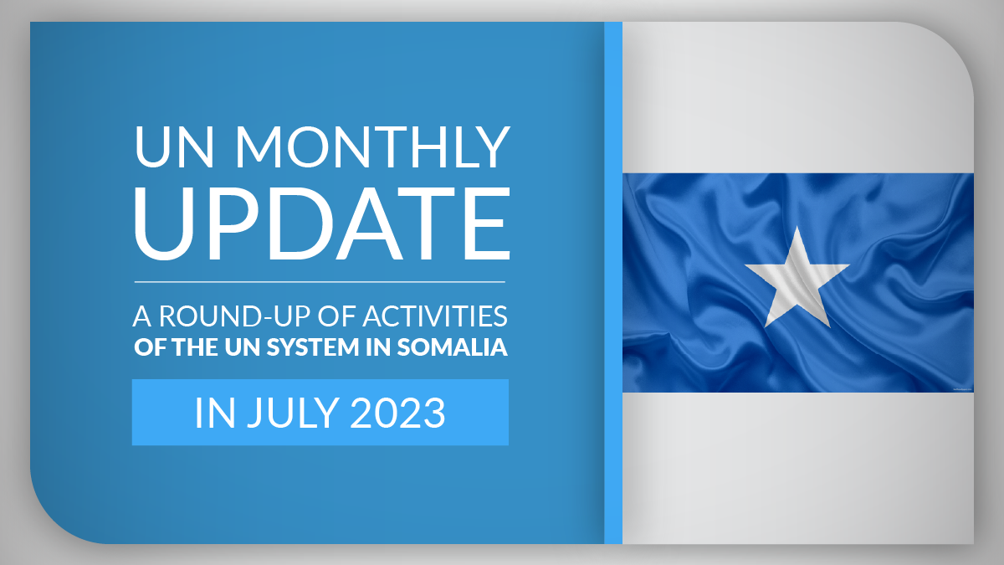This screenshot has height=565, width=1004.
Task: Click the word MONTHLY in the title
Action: [373, 147]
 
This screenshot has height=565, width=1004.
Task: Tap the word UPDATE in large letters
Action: [322, 223]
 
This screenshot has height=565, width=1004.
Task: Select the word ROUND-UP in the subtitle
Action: [235, 316]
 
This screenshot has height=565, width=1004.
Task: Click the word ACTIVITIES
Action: [435, 316]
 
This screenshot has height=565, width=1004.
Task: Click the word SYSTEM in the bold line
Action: [313, 347]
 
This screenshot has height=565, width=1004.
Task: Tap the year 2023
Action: [397, 413]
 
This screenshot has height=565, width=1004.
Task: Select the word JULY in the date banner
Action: [293, 413]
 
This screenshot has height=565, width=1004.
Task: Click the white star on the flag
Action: [797, 280]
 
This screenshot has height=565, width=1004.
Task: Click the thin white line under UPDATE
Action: [320, 282]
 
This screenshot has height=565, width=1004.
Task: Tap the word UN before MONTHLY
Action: [174, 147]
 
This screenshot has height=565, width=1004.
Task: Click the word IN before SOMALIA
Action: [378, 347]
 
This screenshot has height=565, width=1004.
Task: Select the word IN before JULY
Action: [215, 413]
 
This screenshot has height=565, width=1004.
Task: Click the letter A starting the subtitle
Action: [142, 316]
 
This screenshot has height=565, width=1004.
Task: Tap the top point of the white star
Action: [797, 227]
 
